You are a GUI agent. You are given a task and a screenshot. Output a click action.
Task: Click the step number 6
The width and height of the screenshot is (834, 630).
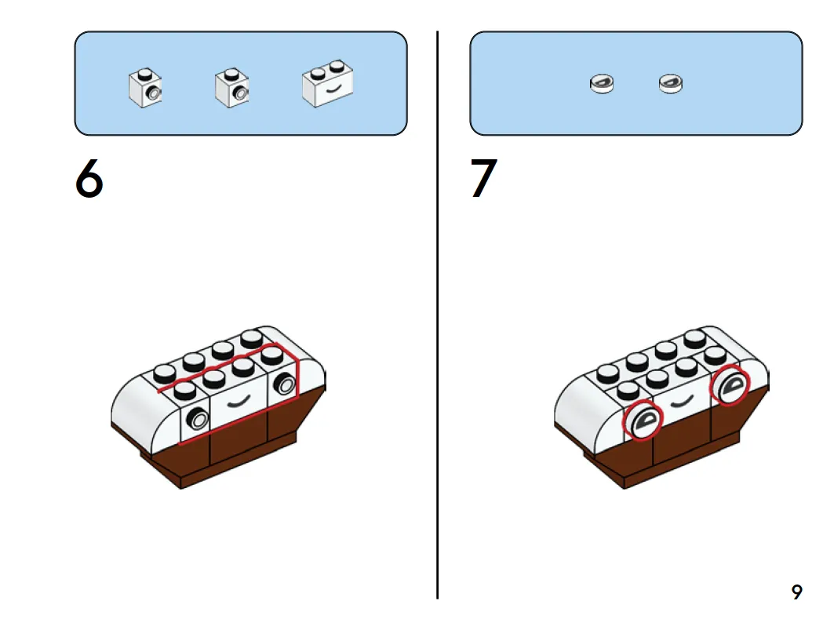(x=89, y=178)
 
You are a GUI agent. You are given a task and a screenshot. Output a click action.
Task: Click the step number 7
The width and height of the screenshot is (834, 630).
(x=483, y=178)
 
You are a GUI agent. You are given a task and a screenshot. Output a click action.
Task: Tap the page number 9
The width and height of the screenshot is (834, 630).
(x=797, y=592)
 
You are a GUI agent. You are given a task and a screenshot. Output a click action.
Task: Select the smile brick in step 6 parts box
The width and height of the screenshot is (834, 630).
(x=328, y=83)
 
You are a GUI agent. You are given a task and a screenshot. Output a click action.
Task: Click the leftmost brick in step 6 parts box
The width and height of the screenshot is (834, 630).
(x=145, y=88)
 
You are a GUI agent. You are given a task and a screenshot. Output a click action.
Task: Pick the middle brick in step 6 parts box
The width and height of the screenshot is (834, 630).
(x=232, y=88)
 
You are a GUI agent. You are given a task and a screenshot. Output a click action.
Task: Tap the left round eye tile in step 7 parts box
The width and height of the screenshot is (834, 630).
(x=602, y=83)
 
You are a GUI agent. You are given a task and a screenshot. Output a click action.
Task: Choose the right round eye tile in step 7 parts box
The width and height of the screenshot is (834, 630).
(x=671, y=83)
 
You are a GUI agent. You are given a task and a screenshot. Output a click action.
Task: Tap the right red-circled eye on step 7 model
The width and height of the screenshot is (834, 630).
(x=730, y=385)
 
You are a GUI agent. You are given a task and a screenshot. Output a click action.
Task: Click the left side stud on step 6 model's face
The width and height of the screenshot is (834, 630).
(x=198, y=420)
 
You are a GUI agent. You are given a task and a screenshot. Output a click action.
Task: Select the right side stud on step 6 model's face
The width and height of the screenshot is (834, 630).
(x=286, y=384)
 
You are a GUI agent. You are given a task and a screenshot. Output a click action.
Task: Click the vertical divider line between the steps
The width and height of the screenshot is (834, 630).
(x=437, y=315)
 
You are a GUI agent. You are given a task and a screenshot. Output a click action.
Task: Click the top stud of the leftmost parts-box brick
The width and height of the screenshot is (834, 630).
(x=144, y=74)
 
